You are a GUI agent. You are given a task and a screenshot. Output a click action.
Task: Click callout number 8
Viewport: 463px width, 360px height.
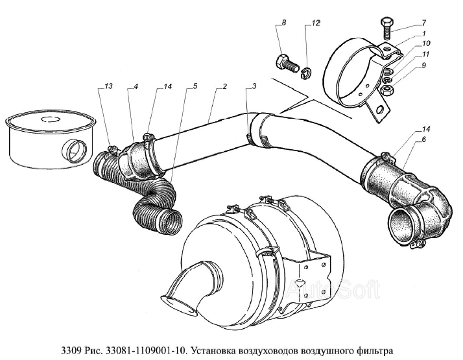click(x=283, y=23)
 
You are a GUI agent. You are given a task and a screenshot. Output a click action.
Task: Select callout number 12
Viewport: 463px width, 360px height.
click(x=316, y=23)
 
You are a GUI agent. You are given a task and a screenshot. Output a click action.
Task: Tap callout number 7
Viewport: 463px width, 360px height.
click(x=423, y=23)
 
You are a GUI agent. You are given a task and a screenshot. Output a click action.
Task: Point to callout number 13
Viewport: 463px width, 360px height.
click(x=109, y=86)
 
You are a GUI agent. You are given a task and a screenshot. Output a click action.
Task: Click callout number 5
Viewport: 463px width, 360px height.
click(x=195, y=86)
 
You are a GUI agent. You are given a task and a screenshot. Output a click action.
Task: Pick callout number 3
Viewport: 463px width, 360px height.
click(x=254, y=86)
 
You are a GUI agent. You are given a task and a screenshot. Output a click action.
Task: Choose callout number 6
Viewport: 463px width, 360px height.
click(x=423, y=139)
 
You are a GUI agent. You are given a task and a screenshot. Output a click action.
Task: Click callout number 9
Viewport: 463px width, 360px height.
click(x=423, y=66)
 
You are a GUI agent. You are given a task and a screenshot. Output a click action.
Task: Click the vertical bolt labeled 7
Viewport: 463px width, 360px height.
click(x=386, y=29)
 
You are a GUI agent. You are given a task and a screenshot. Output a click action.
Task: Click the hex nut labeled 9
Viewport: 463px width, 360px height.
click(x=386, y=90)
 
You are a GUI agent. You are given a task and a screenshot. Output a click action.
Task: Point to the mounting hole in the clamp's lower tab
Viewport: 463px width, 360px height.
click(x=381, y=110)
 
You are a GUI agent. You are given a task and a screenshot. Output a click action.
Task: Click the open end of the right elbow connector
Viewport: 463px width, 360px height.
click(x=401, y=225)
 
